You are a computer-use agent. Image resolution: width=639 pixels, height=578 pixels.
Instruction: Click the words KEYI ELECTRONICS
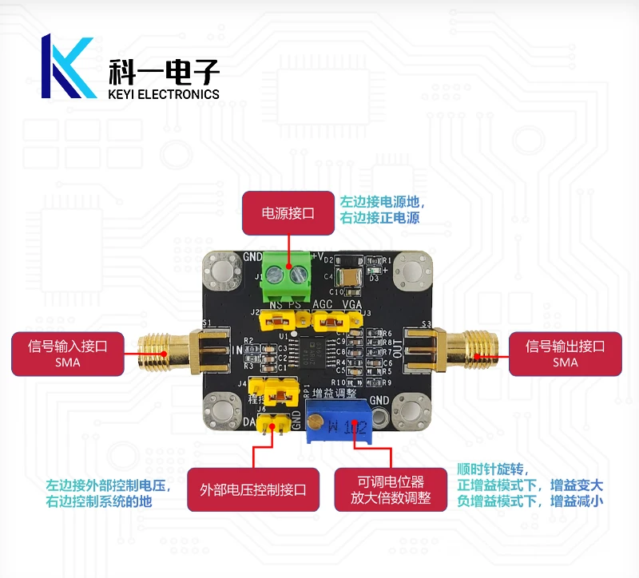pos(163,94)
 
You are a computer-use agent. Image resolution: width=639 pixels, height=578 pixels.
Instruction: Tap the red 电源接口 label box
pos(288,213)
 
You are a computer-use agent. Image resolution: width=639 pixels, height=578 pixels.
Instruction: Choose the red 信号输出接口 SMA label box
pos(565,354)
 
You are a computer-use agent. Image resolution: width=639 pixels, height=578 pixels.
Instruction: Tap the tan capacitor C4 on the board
pos(349,277)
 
